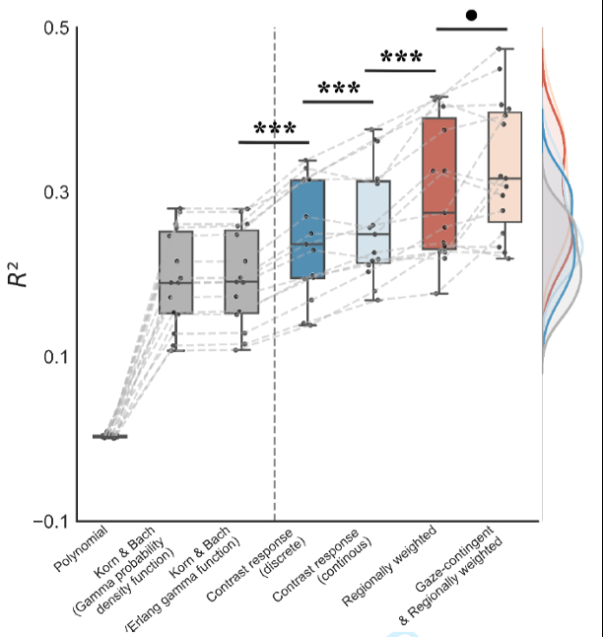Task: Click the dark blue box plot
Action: click(307, 229)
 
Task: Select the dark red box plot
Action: click(438, 183)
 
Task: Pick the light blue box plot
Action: click(373, 222)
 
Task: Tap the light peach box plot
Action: click(504, 167)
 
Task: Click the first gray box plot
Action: click(176, 272)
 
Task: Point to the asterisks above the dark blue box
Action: click(274, 129)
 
